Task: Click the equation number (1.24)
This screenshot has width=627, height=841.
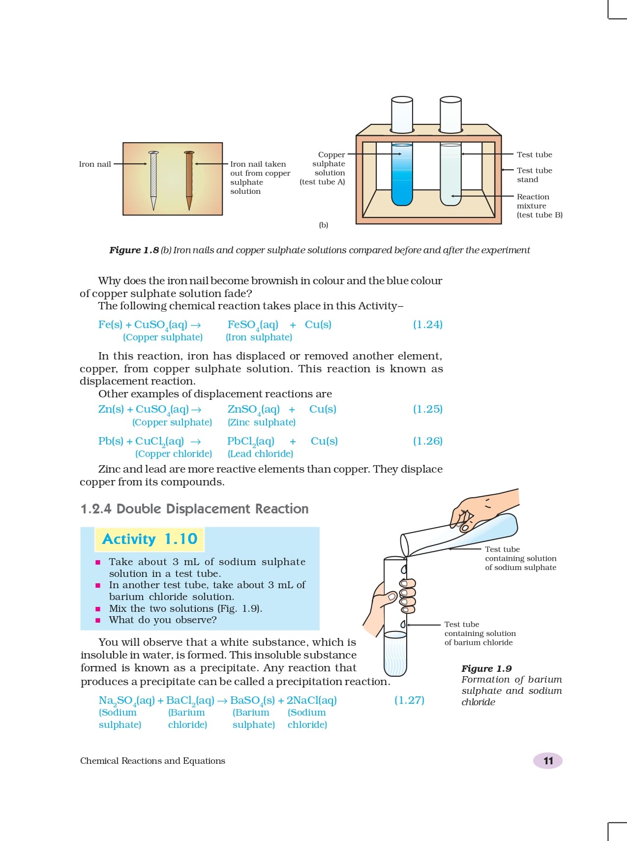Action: [427, 325]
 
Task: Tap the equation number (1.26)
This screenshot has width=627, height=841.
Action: [427, 441]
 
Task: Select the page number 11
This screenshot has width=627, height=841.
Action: [548, 761]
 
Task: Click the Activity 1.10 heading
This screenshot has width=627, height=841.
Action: [149, 539]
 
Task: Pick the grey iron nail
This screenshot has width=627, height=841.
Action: [153, 180]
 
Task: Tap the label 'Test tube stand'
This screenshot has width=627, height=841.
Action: [534, 175]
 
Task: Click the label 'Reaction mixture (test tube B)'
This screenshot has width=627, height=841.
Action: [539, 206]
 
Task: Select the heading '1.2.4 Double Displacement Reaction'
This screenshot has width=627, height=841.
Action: [194, 509]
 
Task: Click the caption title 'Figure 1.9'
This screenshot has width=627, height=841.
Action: [486, 668]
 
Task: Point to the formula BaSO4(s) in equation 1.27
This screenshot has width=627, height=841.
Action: [252, 700]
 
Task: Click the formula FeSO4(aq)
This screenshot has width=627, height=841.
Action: [252, 325]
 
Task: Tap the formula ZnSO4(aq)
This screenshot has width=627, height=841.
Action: [253, 409]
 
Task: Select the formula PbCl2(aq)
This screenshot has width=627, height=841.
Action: [250, 441]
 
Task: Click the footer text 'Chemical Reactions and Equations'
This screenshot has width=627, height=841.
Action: [152, 761]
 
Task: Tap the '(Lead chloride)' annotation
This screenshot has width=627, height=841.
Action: [260, 453]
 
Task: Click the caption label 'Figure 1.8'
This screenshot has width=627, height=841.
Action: [134, 250]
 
